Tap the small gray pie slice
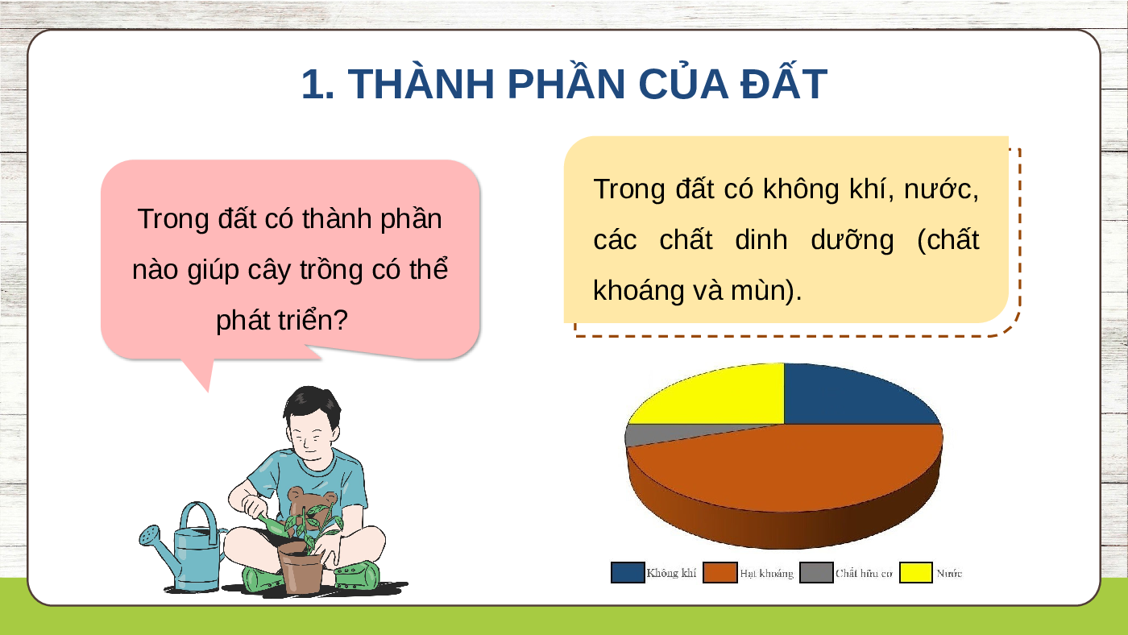tap(654, 434)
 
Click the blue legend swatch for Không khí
tap(628, 573)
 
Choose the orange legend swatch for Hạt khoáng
tap(720, 573)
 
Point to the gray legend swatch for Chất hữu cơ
tap(816, 573)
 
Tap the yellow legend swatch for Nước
tap(916, 573)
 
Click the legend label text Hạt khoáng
tap(766, 574)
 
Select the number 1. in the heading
tap(317, 84)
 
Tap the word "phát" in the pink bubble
tap(242, 321)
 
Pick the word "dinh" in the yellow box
tap(761, 239)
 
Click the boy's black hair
tap(313, 403)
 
